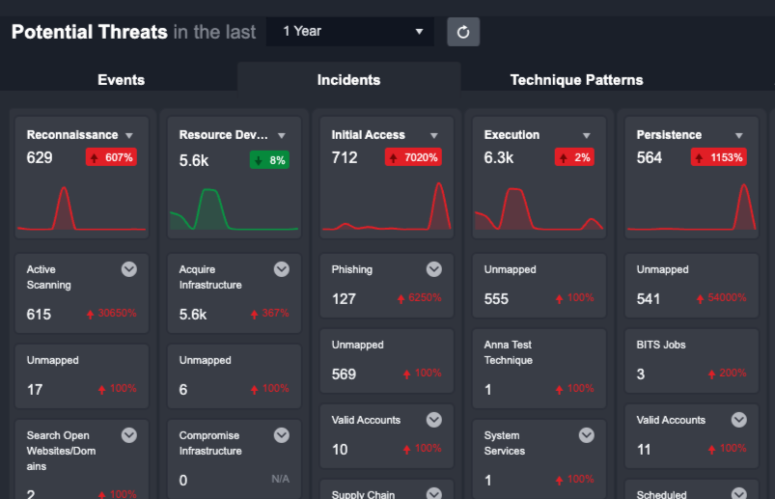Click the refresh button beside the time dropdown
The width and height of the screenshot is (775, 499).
[x=463, y=32]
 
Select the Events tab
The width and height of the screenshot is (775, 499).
[x=121, y=80]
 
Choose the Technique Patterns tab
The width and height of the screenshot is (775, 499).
[x=576, y=80]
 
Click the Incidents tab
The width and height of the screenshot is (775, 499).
[x=348, y=80]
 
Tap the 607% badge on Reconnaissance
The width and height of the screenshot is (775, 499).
[x=112, y=157]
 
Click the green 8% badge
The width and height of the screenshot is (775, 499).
[x=269, y=159]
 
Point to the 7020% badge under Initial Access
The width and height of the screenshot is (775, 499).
[x=413, y=157]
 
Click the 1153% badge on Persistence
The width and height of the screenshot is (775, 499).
[x=718, y=157]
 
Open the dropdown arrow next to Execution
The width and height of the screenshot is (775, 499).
[x=586, y=136]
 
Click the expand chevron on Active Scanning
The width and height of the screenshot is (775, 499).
[x=129, y=269]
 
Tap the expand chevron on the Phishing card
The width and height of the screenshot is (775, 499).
[x=434, y=269]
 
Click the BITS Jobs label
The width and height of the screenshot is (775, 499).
[x=661, y=345]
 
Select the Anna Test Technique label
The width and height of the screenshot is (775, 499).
[x=508, y=352]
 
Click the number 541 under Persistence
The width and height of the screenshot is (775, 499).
[x=649, y=299]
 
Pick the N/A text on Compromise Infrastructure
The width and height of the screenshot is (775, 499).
[x=280, y=479]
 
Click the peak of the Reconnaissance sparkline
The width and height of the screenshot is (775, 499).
[x=65, y=189]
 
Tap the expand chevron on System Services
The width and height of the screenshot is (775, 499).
[x=587, y=435]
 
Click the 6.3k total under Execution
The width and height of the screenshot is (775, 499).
[x=499, y=158]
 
